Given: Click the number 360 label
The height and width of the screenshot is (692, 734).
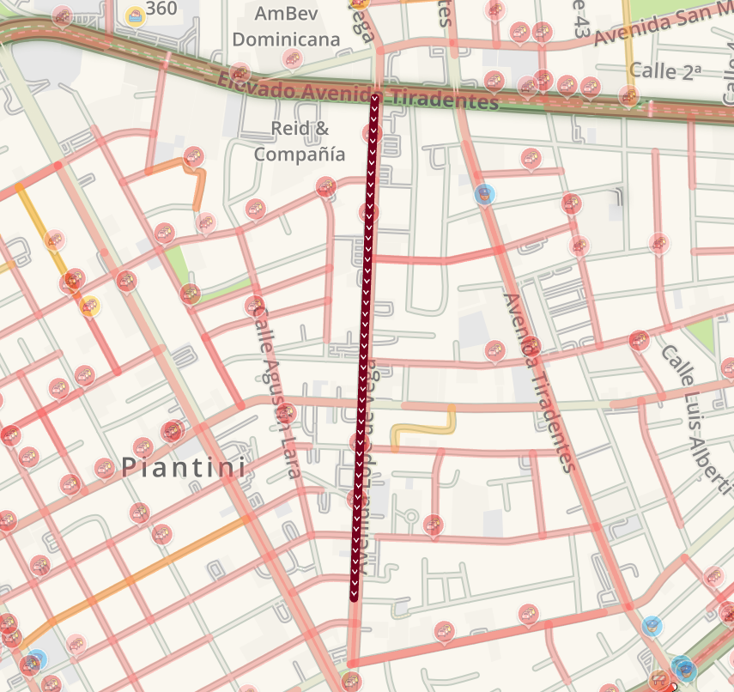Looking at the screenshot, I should (161, 9).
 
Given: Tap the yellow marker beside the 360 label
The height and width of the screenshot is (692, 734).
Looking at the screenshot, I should (135, 15).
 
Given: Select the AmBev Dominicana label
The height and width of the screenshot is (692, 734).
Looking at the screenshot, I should (286, 26).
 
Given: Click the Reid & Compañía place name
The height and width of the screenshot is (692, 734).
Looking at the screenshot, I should (300, 142).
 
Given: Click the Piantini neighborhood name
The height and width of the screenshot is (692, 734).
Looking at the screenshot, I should (184, 468).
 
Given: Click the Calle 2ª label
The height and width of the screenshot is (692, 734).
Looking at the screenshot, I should (665, 71).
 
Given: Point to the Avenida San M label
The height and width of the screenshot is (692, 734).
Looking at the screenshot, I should (661, 26).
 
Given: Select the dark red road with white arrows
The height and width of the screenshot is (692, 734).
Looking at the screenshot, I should (364, 343).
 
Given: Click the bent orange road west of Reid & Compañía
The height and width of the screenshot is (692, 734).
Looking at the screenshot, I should (200, 182).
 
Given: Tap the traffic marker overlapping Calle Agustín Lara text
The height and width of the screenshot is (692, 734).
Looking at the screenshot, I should (254, 305).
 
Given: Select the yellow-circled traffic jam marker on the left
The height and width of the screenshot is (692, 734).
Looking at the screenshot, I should (89, 305).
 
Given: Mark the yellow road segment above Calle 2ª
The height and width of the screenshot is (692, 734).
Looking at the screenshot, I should (629, 34).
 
